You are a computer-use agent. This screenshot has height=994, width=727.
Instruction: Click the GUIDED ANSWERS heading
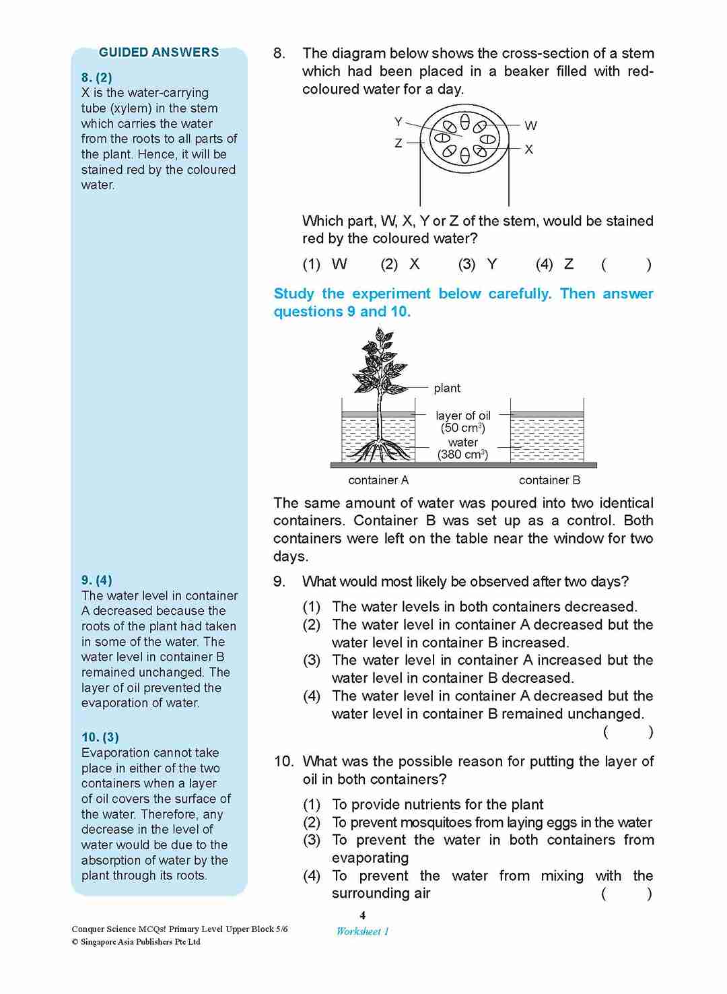(x=159, y=53)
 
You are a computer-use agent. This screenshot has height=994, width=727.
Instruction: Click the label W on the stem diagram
(x=530, y=126)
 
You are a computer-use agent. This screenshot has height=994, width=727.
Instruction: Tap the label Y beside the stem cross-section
(x=399, y=122)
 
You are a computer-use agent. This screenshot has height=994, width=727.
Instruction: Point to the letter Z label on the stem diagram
(x=399, y=143)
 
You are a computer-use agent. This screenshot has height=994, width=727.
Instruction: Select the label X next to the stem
(x=529, y=150)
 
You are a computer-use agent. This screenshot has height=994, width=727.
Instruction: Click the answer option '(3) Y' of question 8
(x=477, y=264)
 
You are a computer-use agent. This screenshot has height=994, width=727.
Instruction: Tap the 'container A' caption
(x=378, y=480)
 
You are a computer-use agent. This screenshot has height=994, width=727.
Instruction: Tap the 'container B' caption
(x=549, y=480)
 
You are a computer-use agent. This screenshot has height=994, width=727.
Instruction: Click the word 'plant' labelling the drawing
(x=447, y=388)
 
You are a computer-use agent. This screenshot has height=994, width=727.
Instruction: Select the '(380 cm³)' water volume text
(x=463, y=455)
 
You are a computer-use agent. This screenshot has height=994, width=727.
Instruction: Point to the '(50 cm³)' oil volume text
(x=463, y=428)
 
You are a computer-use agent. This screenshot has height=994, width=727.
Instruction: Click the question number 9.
(x=279, y=581)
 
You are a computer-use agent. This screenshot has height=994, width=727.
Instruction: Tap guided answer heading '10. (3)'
(x=100, y=737)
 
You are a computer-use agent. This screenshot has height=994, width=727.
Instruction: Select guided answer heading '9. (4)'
(x=97, y=580)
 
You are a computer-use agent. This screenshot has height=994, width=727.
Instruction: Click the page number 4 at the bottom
(x=363, y=915)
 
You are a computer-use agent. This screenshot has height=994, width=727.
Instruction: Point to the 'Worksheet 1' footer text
(x=363, y=931)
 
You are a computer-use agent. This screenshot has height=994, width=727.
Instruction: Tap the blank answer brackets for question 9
(x=627, y=732)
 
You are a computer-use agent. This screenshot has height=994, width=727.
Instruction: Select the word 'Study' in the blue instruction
(x=293, y=294)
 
